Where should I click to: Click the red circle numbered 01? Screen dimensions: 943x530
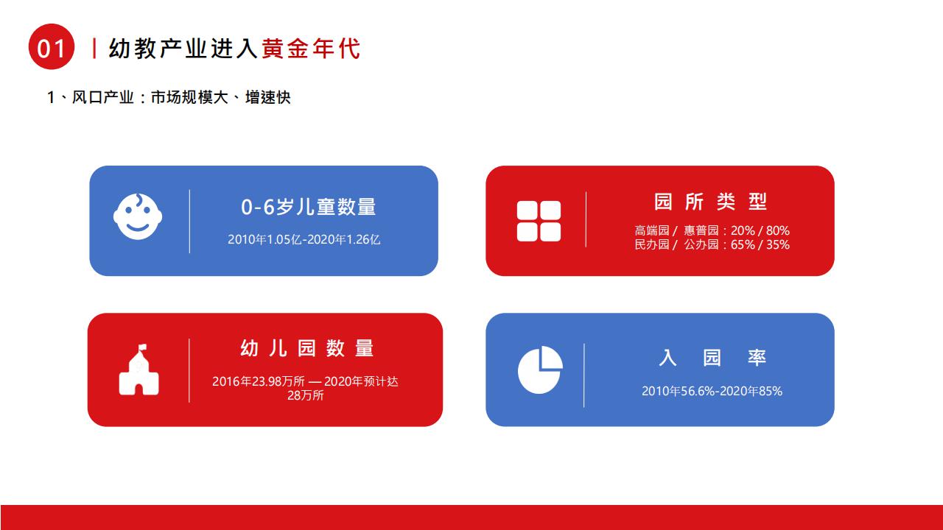(52, 46)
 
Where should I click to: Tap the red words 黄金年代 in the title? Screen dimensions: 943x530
(311, 49)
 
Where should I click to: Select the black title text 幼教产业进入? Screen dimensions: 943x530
(183, 49)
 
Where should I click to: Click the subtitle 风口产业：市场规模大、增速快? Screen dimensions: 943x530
(181, 98)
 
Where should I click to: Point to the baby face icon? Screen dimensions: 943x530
(138, 216)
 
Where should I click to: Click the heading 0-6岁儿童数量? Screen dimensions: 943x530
(308, 207)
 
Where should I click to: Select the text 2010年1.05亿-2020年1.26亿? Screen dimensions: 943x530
(304, 239)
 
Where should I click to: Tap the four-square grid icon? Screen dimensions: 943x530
(539, 222)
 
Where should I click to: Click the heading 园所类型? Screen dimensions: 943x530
(710, 202)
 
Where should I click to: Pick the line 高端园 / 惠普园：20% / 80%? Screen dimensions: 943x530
(712, 230)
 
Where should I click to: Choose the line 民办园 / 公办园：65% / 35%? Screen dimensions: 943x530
(712, 244)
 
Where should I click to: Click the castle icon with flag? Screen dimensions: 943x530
(139, 370)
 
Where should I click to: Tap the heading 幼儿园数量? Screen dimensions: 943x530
(307, 348)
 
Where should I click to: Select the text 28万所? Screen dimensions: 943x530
(306, 395)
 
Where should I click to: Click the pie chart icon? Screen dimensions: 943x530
(540, 370)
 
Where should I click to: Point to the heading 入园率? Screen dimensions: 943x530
(712, 358)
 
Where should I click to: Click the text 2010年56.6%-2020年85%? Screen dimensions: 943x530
(712, 391)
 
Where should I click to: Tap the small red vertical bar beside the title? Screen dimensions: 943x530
(95, 49)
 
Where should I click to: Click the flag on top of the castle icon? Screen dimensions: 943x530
(142, 347)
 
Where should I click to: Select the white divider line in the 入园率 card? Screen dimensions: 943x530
(584, 375)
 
